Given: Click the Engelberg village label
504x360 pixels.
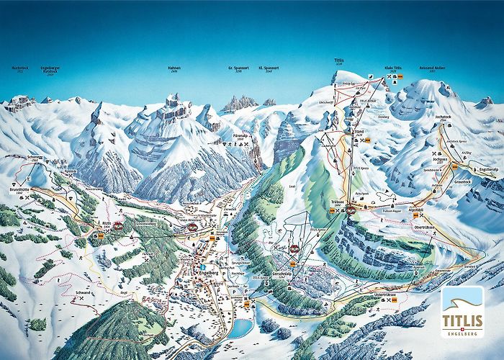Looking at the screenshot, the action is [210, 274].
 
